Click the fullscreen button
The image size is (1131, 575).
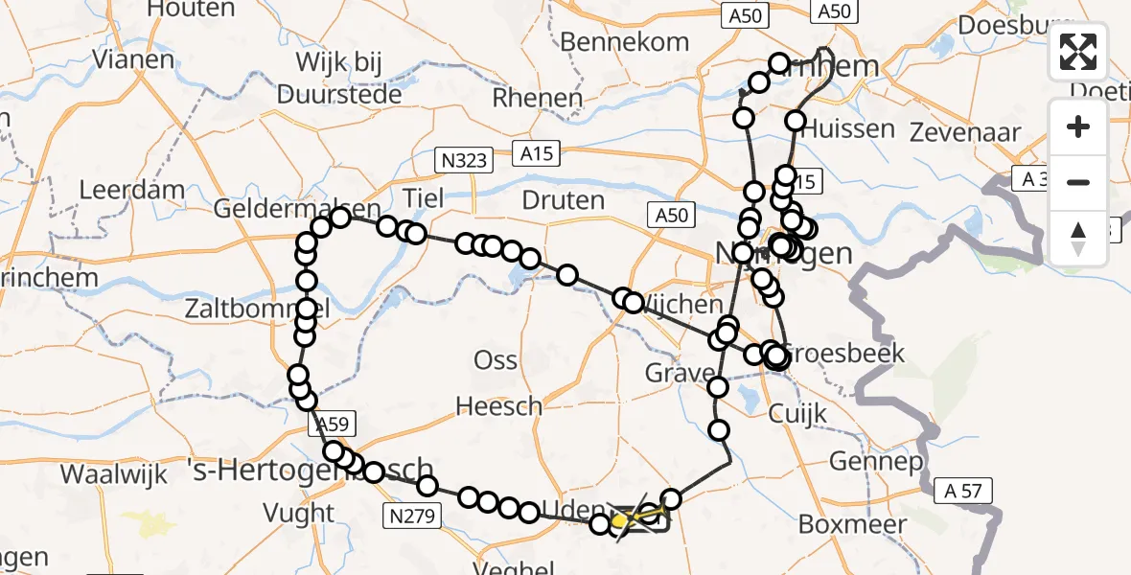click(1078, 52)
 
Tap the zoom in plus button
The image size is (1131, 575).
click(1078, 127)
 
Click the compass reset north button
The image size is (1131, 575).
click(1078, 239)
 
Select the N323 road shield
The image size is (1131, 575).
click(462, 161)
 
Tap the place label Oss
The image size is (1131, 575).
click(496, 361)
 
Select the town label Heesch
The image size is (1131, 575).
click(498, 406)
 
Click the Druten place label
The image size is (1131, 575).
click(564, 200)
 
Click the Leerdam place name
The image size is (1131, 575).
click(131, 190)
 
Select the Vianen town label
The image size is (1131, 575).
click(133, 58)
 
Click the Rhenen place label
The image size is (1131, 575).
click(537, 98)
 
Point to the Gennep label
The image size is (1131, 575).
click(862, 461)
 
